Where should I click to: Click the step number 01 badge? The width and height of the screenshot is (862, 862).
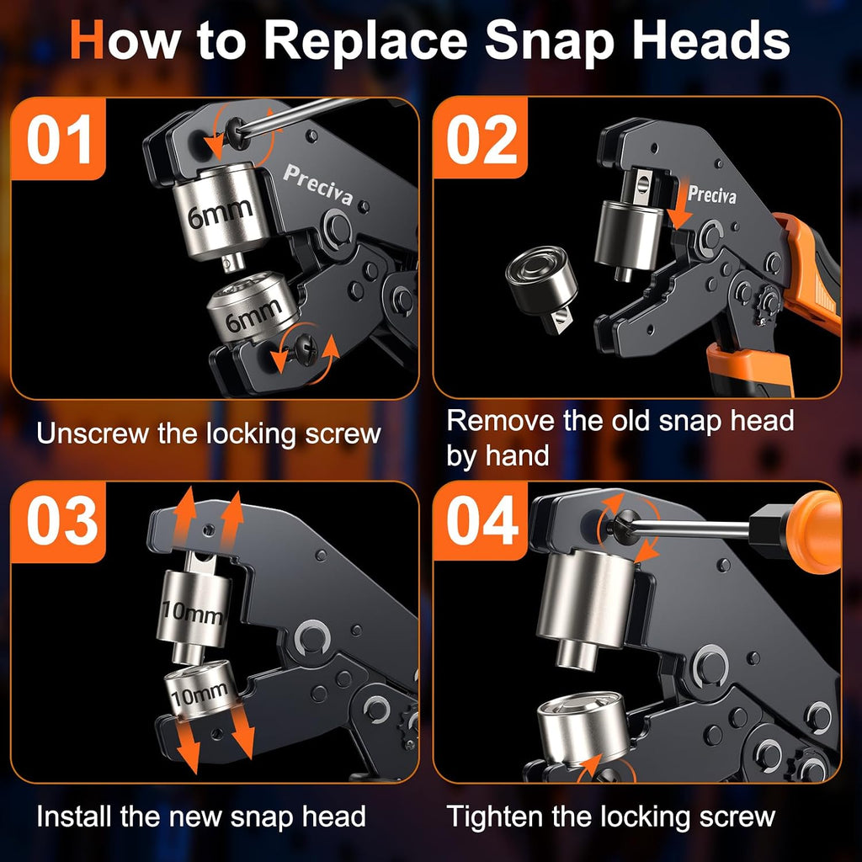pos(58,139)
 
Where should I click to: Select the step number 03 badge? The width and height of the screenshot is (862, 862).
pos(58,522)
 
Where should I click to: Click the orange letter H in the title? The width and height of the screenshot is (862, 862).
pos(88,40)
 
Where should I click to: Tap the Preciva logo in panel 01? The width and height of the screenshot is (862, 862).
pos(317,184)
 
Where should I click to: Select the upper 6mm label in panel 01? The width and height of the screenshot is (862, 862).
pos(220,213)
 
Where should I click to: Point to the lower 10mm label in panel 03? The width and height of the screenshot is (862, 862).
pos(199,694)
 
